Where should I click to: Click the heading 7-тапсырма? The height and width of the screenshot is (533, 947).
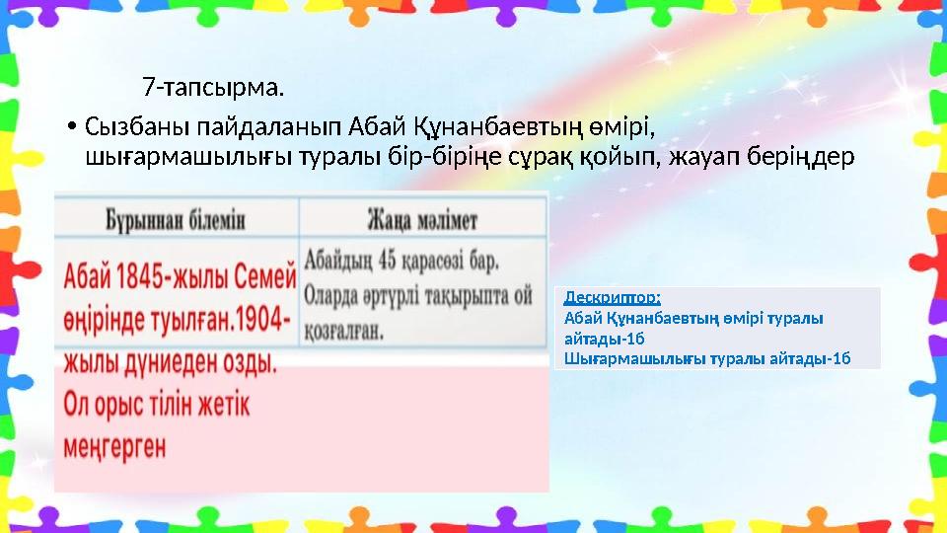click(x=213, y=89)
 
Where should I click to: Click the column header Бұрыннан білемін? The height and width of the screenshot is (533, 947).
click(x=176, y=218)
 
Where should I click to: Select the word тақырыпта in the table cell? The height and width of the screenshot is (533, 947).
click(x=467, y=296)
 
